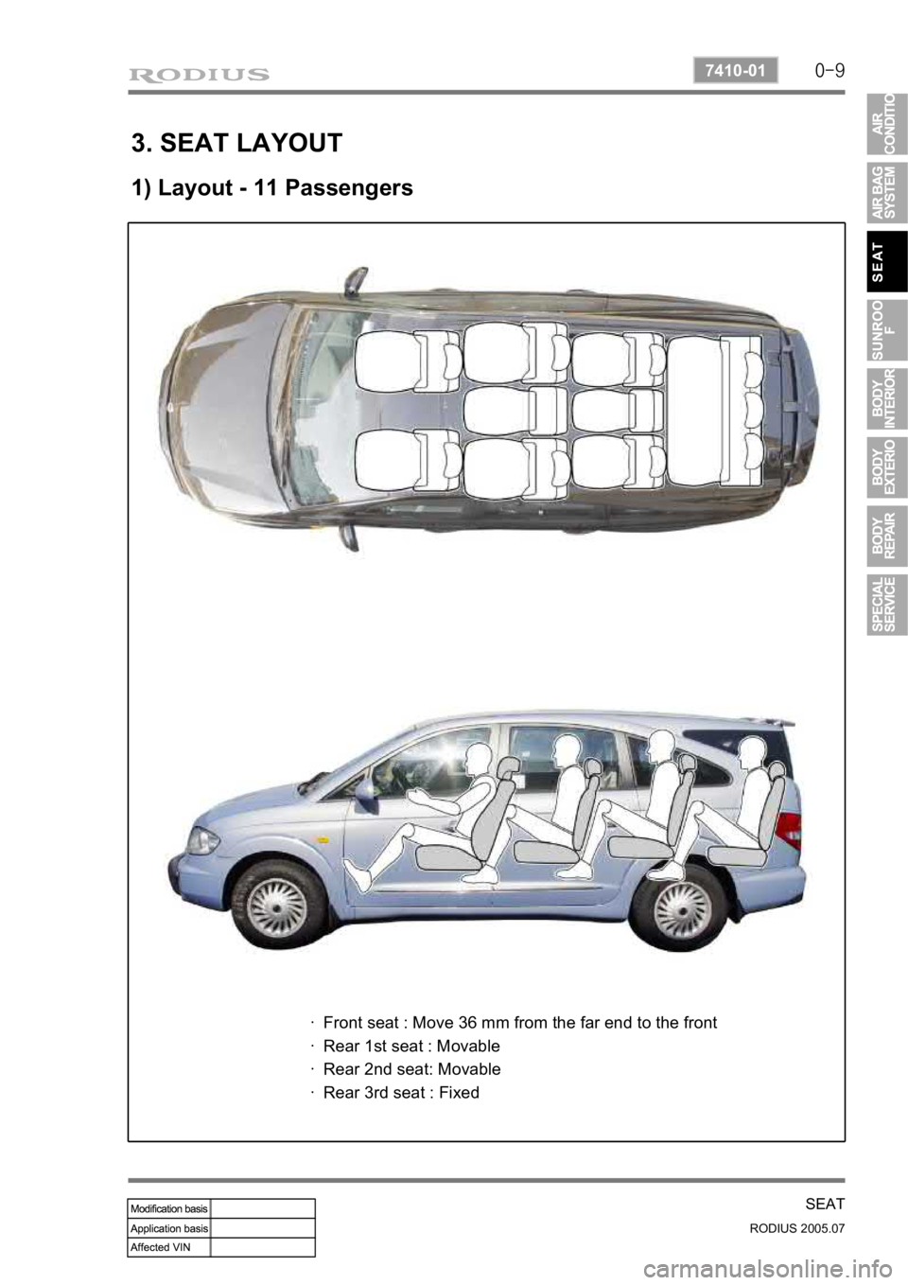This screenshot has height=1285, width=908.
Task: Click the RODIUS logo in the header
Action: pos(199,75)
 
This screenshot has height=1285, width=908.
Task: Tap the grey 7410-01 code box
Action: pos(736,71)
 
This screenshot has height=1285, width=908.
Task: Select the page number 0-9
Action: pos(829,71)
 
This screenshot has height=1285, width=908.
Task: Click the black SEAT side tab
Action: pos(887,261)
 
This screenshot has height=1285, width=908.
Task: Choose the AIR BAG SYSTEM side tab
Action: pos(887,192)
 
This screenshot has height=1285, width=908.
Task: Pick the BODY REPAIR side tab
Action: pos(887,537)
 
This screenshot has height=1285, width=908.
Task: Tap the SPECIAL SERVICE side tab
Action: pos(887,605)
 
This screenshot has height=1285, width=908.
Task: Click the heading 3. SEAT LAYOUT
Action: pos(236,142)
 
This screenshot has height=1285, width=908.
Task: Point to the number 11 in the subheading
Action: pos(265,187)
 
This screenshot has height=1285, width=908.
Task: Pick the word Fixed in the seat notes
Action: pos(459,1092)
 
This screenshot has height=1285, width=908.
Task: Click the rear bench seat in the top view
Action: pos(715,410)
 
